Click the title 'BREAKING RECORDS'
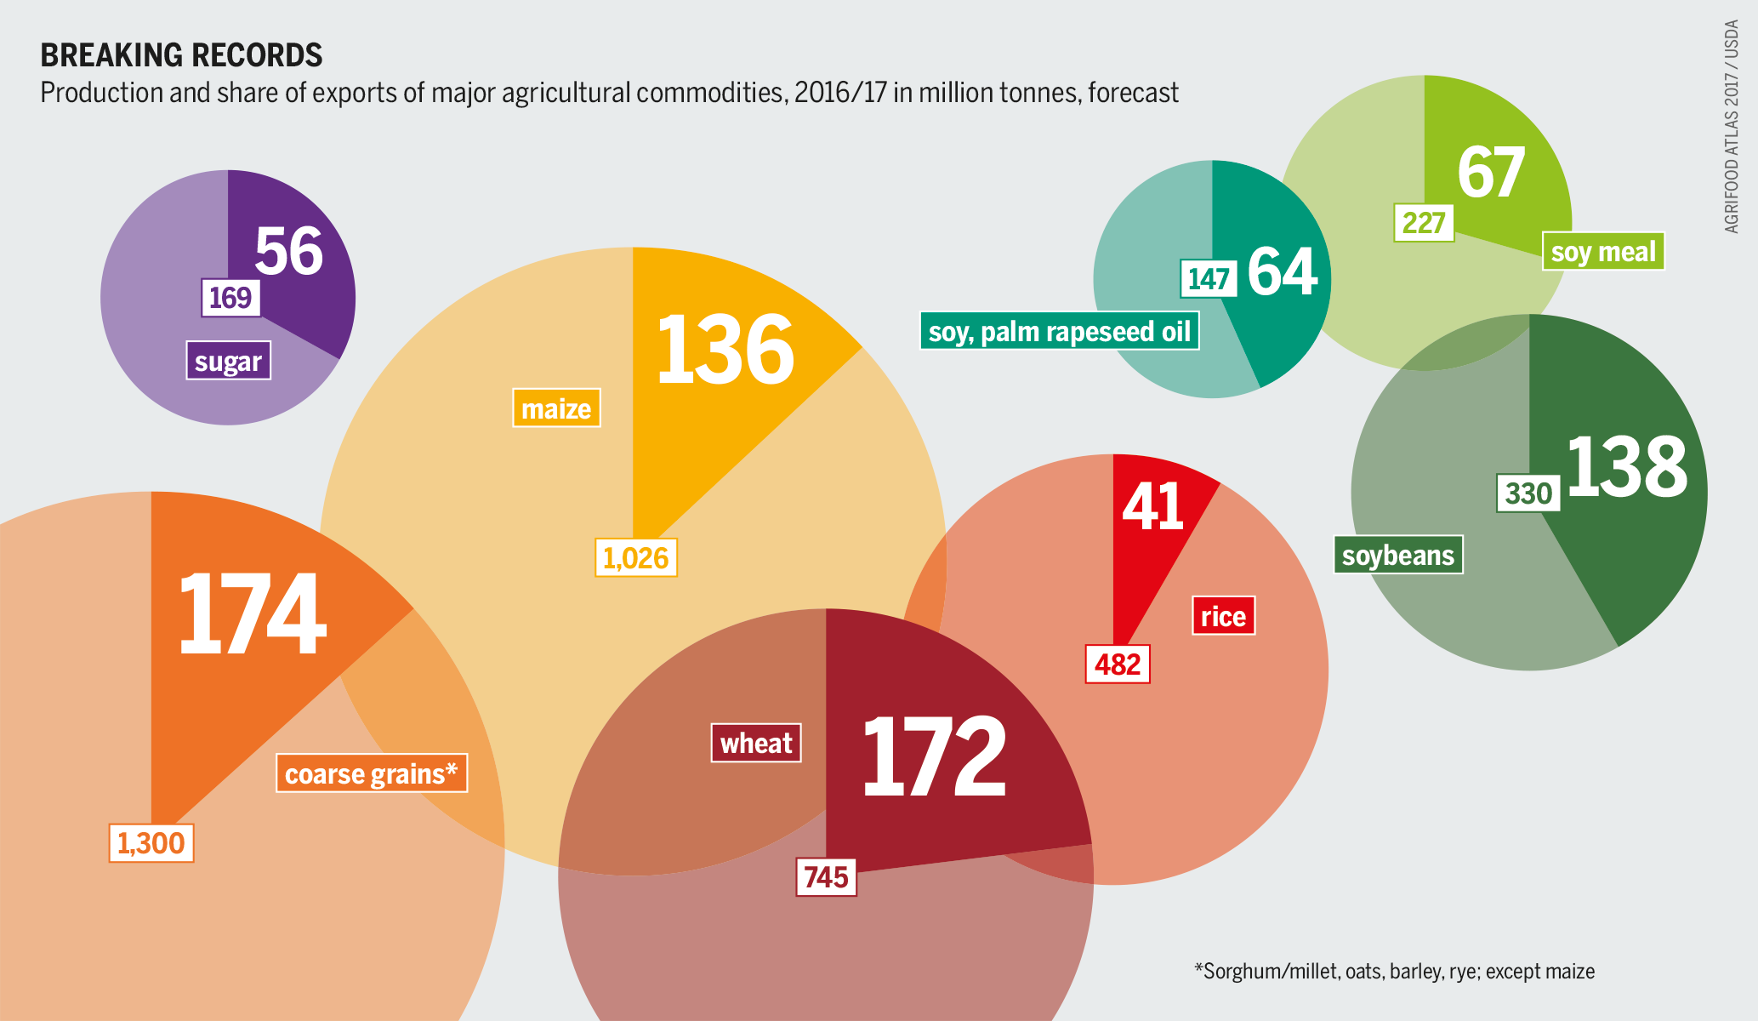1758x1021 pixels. pyautogui.click(x=181, y=55)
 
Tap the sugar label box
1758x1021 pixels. pyautogui.click(x=228, y=361)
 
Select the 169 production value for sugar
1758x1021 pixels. pyautogui.click(x=230, y=298)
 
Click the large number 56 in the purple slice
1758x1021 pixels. pyautogui.click(x=289, y=252)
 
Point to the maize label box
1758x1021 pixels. pyautogui.click(x=556, y=408)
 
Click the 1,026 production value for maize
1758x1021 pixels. pyautogui.click(x=635, y=558)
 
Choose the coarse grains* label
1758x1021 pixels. pyautogui.click(x=372, y=773)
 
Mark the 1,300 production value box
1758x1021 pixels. pyautogui.click(x=151, y=843)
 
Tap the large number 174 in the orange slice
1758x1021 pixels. pyautogui.click(x=252, y=614)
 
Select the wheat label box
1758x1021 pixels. pyautogui.click(x=756, y=743)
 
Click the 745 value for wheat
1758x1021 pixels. pyautogui.click(x=826, y=876)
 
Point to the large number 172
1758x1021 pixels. pyautogui.click(x=934, y=757)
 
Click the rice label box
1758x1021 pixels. pyautogui.click(x=1223, y=616)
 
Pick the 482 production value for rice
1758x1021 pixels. pyautogui.click(x=1118, y=664)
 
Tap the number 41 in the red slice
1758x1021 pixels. pyautogui.click(x=1153, y=507)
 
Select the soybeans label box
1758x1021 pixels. pyautogui.click(x=1398, y=555)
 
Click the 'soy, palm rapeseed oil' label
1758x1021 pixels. pyautogui.click(x=1060, y=331)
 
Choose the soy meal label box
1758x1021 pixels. pyautogui.click(x=1603, y=252)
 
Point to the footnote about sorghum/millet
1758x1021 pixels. pyautogui.click(x=1394, y=971)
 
